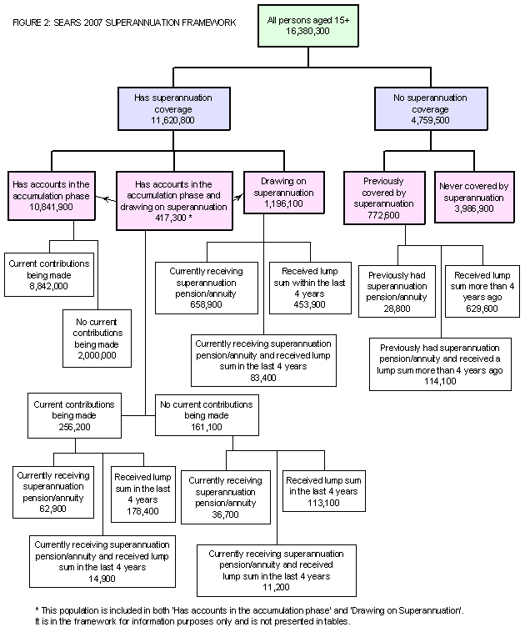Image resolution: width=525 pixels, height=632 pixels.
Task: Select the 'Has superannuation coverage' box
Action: (173, 109)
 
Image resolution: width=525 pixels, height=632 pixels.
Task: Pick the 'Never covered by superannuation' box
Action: (475, 198)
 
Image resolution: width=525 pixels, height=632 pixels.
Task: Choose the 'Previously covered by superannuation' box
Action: (383, 198)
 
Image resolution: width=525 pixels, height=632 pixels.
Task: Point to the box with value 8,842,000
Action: (49, 274)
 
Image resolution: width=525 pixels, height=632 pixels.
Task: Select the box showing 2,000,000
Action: (96, 338)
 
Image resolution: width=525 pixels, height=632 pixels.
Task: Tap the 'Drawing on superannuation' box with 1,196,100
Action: (284, 193)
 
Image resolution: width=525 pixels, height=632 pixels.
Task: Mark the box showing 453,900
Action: (310, 288)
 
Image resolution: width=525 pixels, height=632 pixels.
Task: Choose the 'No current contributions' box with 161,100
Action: (207, 415)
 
